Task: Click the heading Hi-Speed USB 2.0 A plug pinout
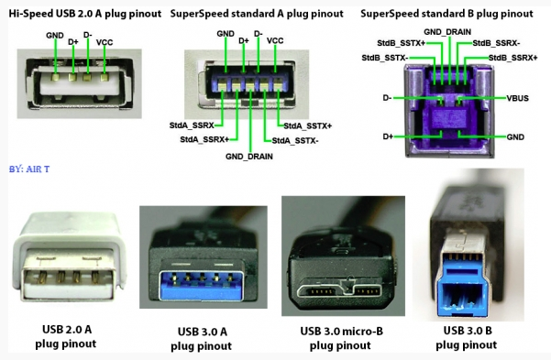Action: coord(81,15)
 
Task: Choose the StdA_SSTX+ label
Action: coord(307,125)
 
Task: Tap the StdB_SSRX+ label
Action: coord(512,57)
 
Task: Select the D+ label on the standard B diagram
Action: coord(386,136)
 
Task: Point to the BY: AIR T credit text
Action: coord(28,169)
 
